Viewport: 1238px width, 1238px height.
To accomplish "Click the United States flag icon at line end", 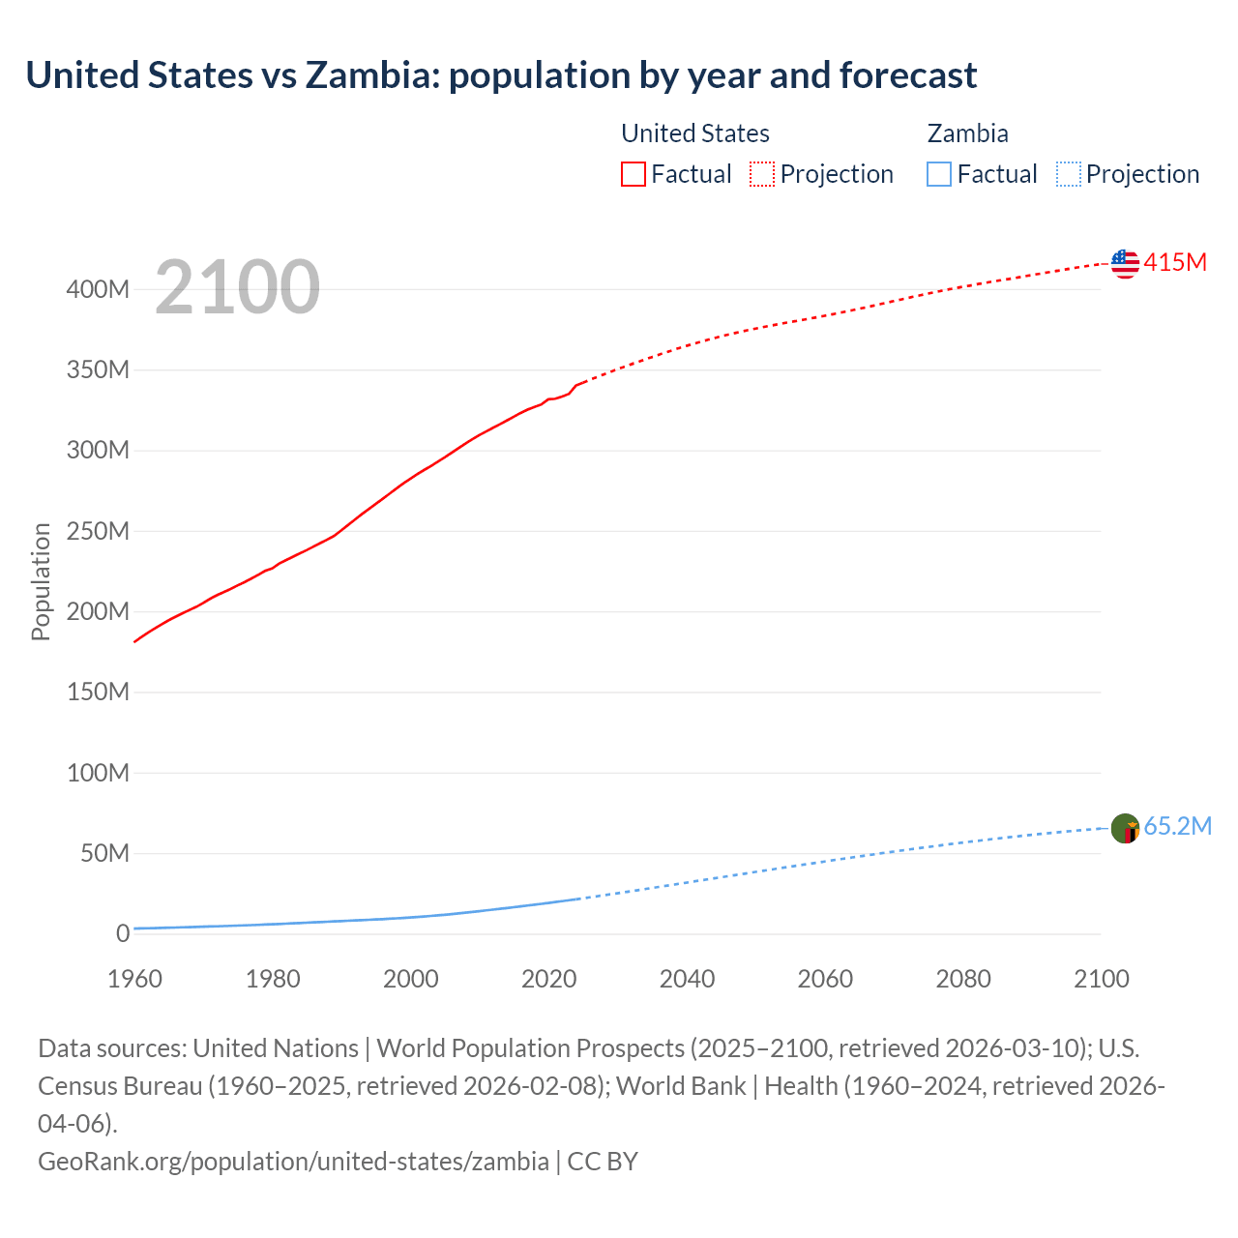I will pos(1125,263).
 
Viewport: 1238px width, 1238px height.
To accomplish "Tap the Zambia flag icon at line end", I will pos(1125,828).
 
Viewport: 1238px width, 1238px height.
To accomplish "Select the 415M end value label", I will pos(1175,262).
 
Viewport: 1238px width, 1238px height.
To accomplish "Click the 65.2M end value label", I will pos(1177,826).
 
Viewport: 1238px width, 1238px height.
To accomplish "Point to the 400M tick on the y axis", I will pos(98,289).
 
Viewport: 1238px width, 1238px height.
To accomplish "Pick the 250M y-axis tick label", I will pos(98,531).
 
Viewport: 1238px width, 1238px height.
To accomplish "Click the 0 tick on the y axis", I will pos(122,933).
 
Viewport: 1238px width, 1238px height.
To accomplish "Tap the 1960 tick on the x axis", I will pos(134,979).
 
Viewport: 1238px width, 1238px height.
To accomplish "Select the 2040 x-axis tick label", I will pos(687,979).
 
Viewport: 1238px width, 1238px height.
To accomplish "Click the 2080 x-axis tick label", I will pos(963,979).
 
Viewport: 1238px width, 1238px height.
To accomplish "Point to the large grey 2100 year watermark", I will pos(237,287).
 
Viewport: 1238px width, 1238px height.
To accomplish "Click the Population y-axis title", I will pos(41,581).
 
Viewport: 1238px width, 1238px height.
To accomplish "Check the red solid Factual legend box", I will pos(633,174).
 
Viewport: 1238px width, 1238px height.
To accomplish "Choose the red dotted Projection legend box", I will pos(762,174).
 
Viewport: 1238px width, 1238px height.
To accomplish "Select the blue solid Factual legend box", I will pos(938,174).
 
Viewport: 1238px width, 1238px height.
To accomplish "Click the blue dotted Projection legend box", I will pos(1068,174).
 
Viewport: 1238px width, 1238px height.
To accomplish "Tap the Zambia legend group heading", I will pos(967,133).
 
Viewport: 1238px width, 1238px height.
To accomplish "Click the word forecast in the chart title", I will pos(908,74).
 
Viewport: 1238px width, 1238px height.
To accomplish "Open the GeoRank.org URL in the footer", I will pos(293,1161).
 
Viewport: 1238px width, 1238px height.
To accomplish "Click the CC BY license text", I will pos(603,1161).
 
